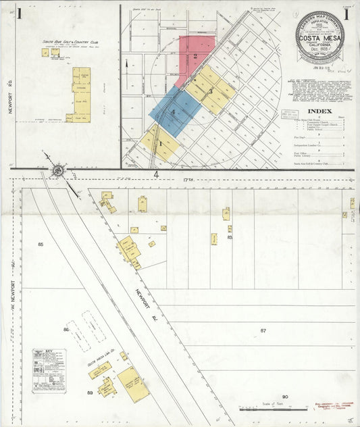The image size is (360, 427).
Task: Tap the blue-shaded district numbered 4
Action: click(174, 111)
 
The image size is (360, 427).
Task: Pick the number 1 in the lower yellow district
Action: click(160, 143)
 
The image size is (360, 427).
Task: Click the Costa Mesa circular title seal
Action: click(319, 37)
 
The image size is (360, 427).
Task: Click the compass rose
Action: click(57, 170)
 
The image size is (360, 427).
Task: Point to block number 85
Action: click(41, 243)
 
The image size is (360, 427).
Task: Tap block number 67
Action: click(263, 330)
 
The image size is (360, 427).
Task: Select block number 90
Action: click(285, 397)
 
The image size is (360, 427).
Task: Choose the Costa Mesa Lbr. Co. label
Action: click(102, 361)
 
